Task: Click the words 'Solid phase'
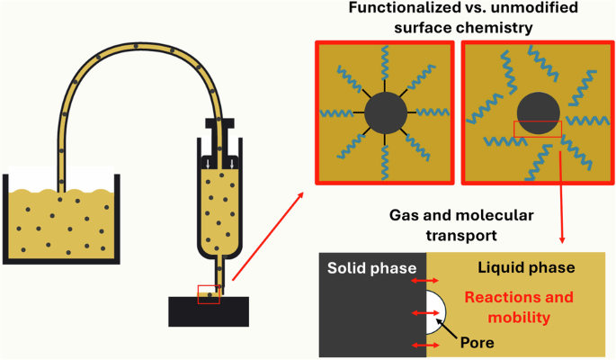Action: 370,268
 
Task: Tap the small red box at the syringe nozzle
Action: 209,294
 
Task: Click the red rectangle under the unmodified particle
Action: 537,130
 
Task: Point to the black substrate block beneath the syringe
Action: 209,311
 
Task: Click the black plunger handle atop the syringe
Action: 221,122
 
